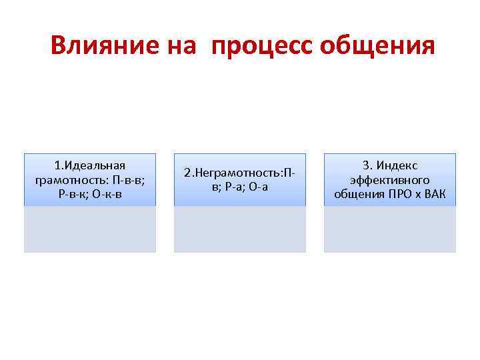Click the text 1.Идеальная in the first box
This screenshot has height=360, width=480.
[90, 165]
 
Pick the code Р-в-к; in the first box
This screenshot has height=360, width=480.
[75, 194]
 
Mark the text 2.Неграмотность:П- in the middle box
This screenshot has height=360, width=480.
[240, 173]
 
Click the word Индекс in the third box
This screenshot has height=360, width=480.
[398, 165]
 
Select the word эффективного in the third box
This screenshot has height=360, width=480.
[390, 180]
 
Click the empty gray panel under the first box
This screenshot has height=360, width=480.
[90, 229]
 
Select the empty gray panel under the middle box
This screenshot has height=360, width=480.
[240, 229]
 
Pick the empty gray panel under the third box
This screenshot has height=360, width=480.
[390, 229]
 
